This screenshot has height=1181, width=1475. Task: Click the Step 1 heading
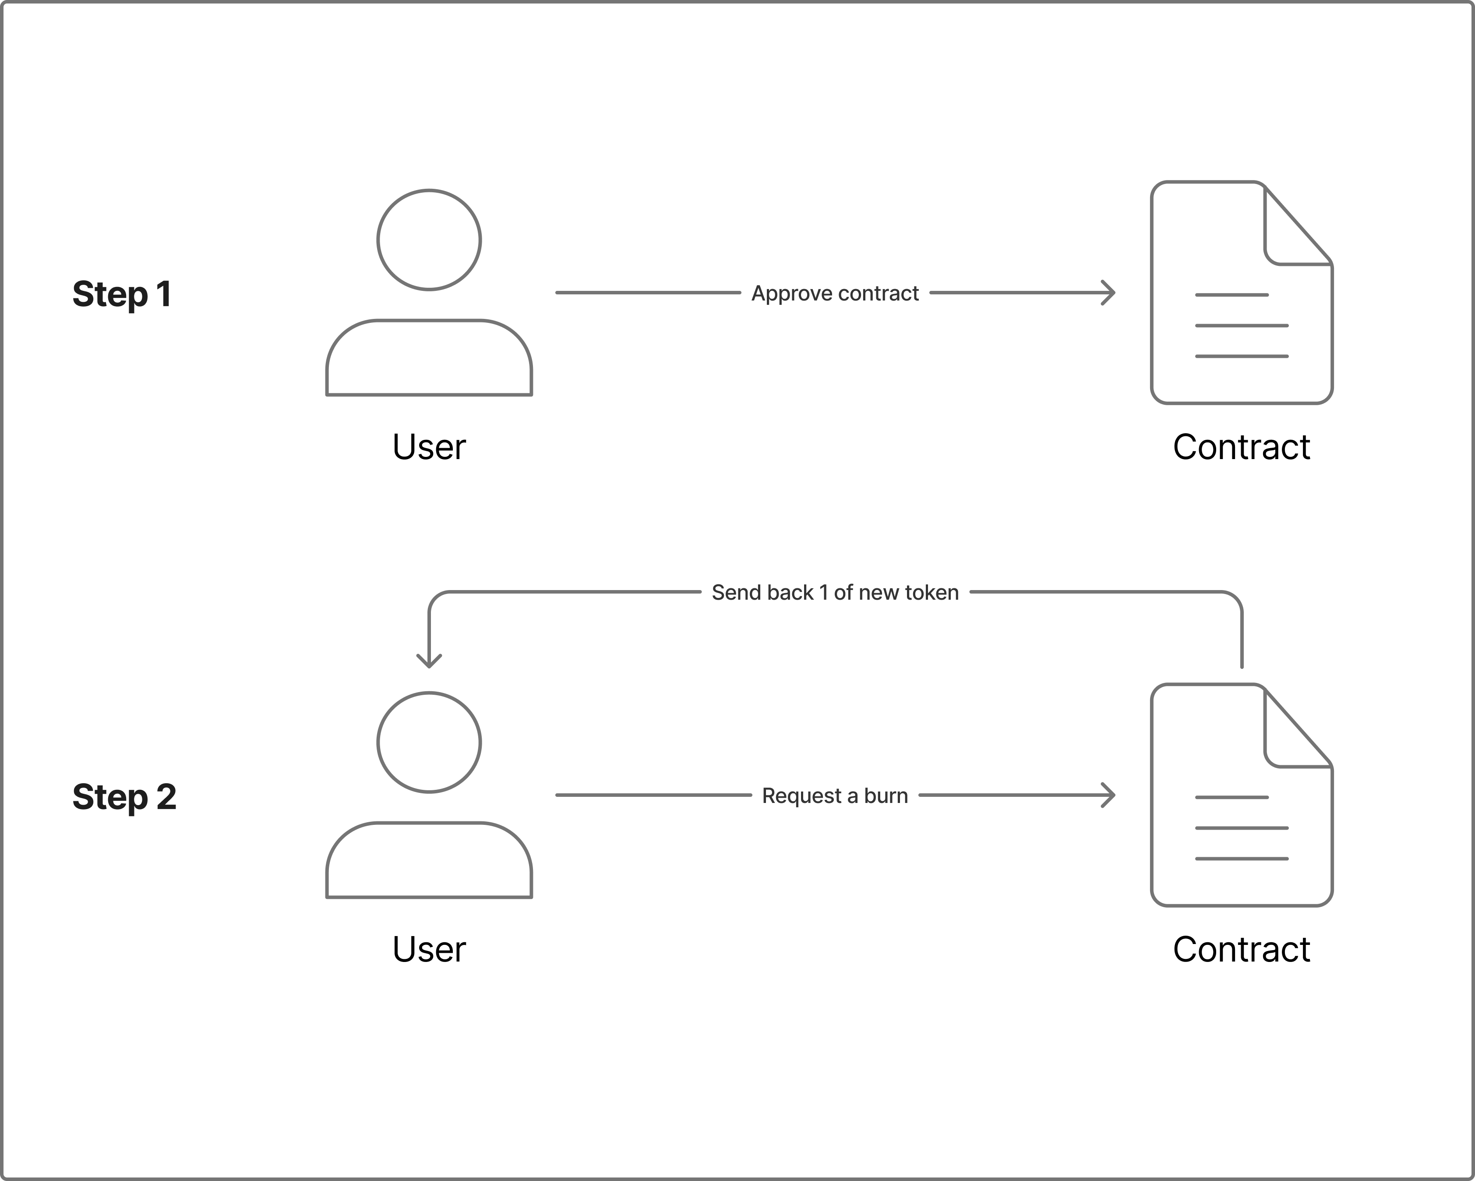(x=122, y=294)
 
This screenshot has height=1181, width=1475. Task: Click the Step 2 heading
(x=124, y=796)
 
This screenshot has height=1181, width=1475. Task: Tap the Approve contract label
(x=835, y=293)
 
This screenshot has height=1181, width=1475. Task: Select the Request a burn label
(x=835, y=796)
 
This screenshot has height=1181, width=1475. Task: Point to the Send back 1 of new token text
(x=835, y=593)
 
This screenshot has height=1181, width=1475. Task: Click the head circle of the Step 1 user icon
(x=429, y=240)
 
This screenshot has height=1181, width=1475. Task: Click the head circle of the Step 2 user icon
(x=429, y=743)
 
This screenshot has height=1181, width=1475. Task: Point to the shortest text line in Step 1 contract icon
(x=1232, y=295)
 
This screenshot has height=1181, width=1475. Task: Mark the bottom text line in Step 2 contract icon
(x=1242, y=859)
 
